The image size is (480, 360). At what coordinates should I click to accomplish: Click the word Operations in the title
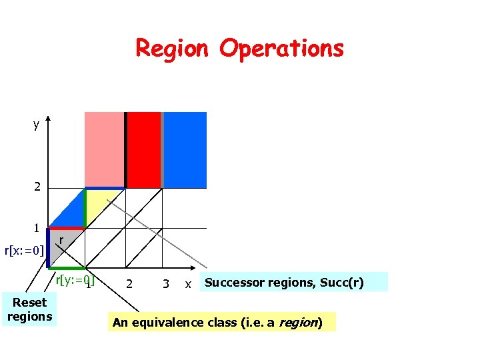[x=281, y=49]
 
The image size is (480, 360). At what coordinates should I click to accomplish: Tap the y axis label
[x=36, y=125]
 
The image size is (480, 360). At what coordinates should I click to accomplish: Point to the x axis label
[x=188, y=284]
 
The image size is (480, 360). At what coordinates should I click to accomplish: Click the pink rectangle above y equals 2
[x=104, y=149]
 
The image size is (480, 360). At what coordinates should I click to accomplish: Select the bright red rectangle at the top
[x=143, y=149]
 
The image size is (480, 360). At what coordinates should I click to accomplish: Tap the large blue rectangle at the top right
[x=185, y=149]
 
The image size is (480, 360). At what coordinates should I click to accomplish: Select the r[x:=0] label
[x=24, y=251]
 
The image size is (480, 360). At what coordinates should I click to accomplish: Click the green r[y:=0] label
[x=74, y=280]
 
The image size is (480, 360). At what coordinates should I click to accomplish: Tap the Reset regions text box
[x=29, y=309]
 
